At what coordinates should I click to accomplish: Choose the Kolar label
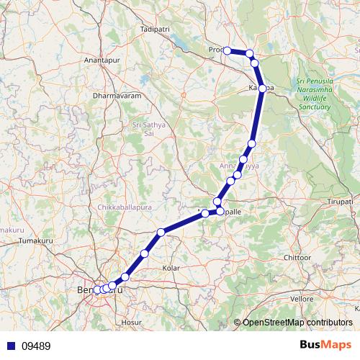[x=171, y=268]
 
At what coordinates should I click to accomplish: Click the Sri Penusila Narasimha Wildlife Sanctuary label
[x=313, y=94]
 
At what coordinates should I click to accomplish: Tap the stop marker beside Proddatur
[x=227, y=50]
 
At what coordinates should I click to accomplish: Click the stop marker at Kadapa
[x=263, y=89]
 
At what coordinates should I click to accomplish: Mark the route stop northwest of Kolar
[x=161, y=232]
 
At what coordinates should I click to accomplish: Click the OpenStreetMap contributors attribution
[x=295, y=322]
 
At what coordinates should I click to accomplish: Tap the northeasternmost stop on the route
[x=250, y=53]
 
